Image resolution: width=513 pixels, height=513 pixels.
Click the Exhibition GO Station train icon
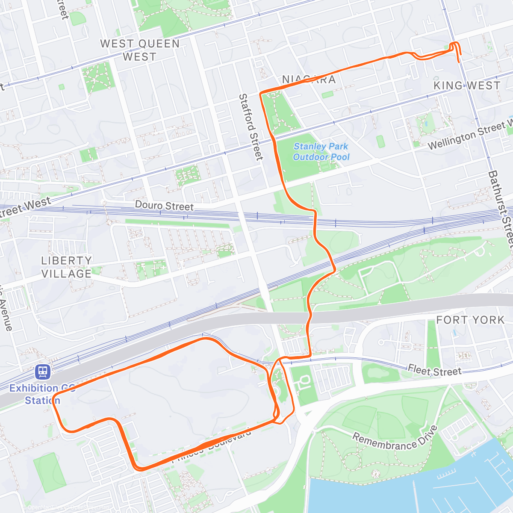click(43, 371)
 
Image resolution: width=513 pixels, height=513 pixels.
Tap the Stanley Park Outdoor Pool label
click(321, 152)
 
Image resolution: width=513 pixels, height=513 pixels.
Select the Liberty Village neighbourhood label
click(66, 267)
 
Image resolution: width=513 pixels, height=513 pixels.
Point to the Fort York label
click(470, 320)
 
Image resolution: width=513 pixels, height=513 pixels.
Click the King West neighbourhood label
click(467, 85)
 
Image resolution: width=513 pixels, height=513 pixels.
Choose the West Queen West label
click(140, 50)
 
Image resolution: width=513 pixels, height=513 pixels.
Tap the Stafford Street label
click(251, 127)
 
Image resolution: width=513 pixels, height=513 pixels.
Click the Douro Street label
click(164, 206)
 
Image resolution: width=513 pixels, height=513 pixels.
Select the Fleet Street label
click(434, 370)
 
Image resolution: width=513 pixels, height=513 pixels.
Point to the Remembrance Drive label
click(395, 440)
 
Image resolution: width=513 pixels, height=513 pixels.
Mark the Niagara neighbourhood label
click(309, 80)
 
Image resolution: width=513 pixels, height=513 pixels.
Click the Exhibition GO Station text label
click(42, 394)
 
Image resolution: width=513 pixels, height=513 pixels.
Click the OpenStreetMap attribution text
click(66, 508)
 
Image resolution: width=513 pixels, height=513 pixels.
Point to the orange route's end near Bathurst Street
click(459, 62)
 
